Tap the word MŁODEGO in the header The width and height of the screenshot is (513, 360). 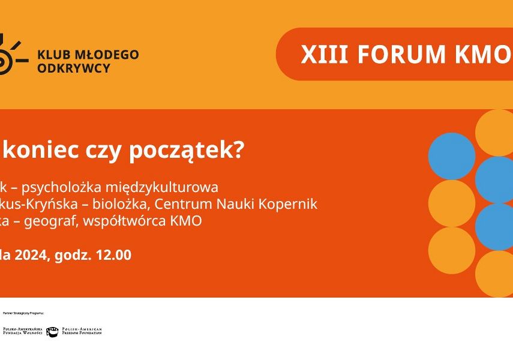(x=104, y=55)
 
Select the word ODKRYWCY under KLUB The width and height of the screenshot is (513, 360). (x=74, y=68)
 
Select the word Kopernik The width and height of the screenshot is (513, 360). (x=289, y=204)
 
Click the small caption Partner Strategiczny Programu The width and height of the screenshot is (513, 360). (x=23, y=313)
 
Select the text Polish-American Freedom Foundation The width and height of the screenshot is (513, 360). (x=82, y=331)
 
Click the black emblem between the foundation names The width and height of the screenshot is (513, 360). (x=52, y=331)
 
